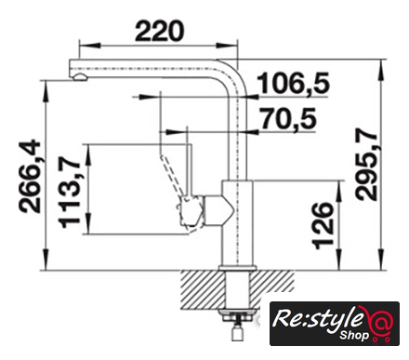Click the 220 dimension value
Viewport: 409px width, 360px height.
pyautogui.click(x=160, y=31)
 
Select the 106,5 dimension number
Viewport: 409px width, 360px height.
pyautogui.click(x=293, y=83)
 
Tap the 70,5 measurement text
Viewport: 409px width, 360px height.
pyautogui.click(x=288, y=118)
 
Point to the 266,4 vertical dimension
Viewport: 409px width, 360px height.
pyautogui.click(x=30, y=177)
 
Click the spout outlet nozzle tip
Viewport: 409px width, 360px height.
pyautogui.click(x=80, y=77)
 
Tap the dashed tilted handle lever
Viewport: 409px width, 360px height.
pyautogui.click(x=170, y=175)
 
